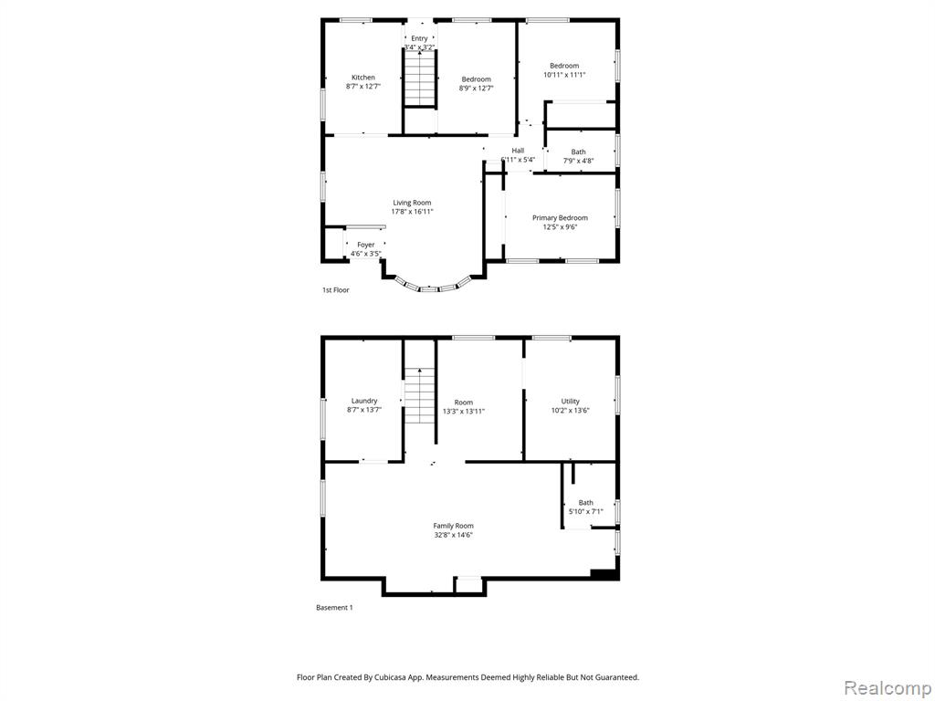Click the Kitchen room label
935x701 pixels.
363,77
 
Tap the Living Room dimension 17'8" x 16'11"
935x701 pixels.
412,212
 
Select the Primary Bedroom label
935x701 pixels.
560,217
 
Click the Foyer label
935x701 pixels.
365,245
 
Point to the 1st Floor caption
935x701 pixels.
336,289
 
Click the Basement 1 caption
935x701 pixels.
334,607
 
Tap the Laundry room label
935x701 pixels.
364,401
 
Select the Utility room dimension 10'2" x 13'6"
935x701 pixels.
570,410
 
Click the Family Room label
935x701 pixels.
453,526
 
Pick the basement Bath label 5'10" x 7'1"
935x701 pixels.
585,507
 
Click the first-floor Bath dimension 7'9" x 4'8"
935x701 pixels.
578,161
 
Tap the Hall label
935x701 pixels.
518,151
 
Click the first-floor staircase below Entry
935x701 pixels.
420,78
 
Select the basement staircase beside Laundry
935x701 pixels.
420,396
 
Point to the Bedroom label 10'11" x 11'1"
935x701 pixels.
564,69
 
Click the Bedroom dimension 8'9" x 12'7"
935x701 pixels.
476,89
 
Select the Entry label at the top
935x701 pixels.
419,38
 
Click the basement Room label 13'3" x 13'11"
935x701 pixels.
463,406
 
